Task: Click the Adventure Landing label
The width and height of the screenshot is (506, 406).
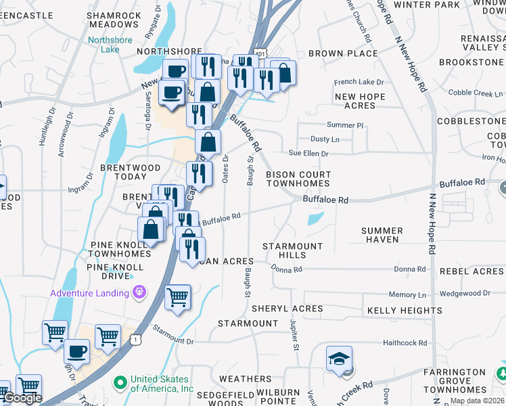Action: pos(89,293)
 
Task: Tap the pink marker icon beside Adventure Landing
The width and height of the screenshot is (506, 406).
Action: pos(139,292)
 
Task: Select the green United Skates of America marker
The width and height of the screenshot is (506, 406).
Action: pos(121,384)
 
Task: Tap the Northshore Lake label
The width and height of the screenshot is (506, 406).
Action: pos(103,45)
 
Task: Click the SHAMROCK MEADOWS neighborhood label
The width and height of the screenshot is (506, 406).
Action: pos(114,20)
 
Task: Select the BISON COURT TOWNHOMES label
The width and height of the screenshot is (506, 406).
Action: pos(298,179)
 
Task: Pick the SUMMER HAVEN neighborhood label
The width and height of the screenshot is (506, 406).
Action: pos(382,235)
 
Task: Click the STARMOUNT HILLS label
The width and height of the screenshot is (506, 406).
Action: pos(293,250)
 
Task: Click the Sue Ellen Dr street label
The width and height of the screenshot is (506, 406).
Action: pos(308,154)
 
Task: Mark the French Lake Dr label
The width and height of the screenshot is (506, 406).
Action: pos(354,83)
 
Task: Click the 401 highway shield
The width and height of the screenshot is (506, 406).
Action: pos(260,52)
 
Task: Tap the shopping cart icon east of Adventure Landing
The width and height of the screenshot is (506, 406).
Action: pos(178,296)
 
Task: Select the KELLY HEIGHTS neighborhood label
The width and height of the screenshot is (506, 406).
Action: pos(405,311)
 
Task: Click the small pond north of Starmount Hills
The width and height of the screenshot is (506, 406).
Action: pos(315,219)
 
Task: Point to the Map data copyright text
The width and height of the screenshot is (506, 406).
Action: pos(478,401)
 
